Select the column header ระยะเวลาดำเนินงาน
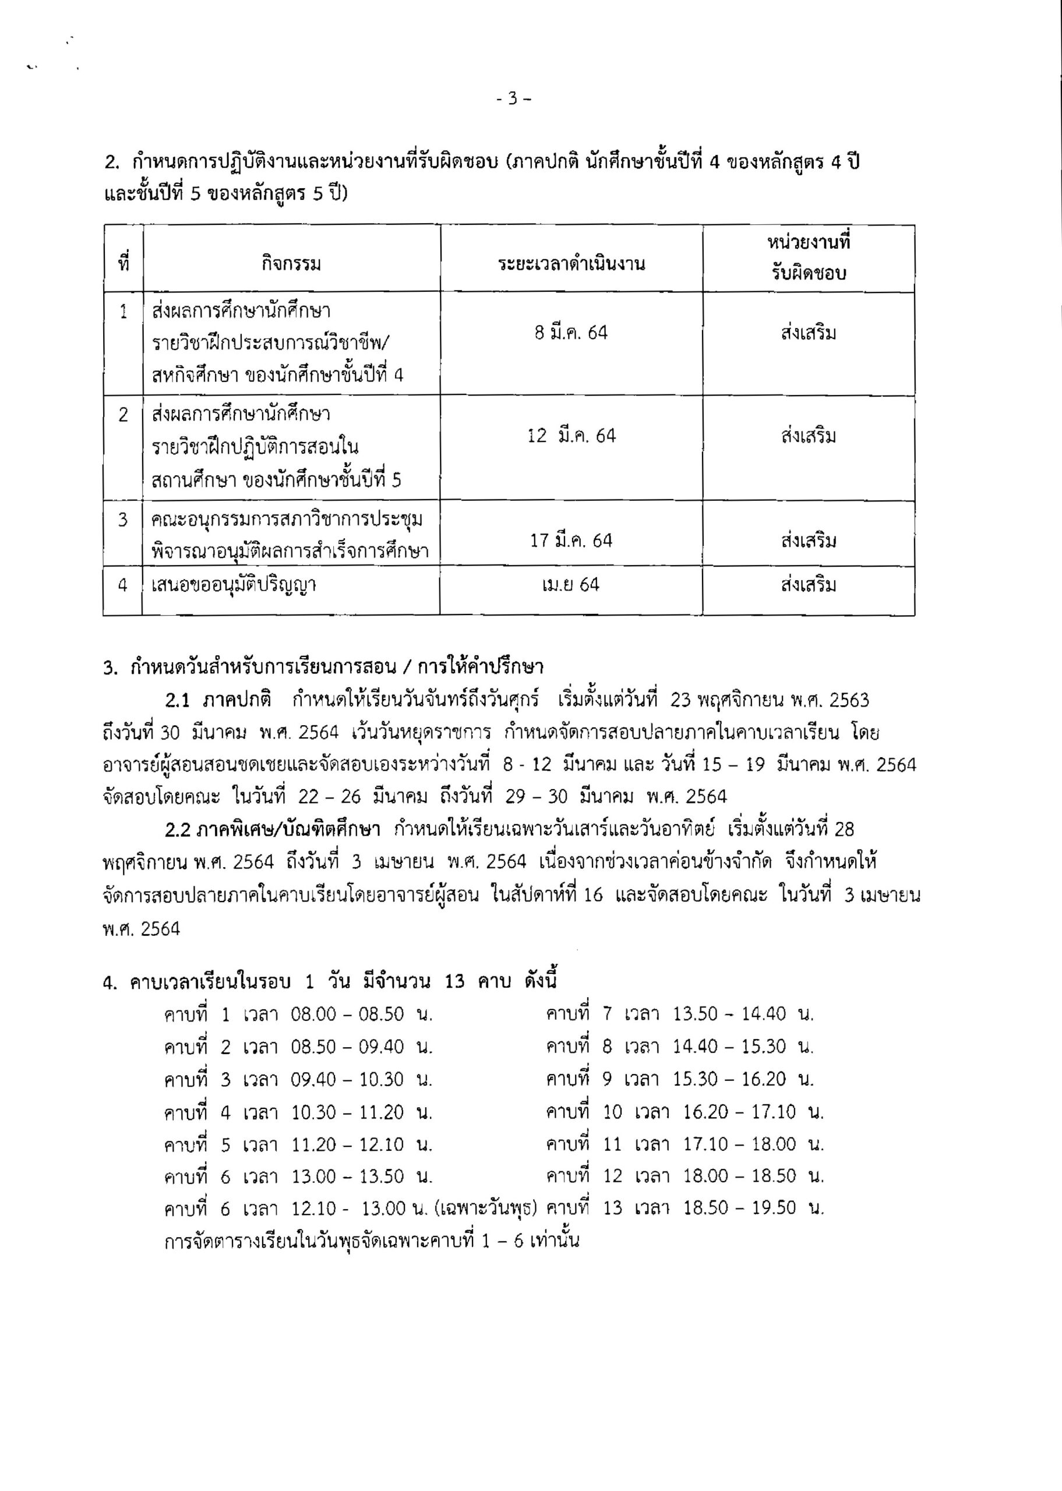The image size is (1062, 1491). pyautogui.click(x=571, y=265)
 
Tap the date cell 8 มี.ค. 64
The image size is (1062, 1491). pyautogui.click(x=571, y=333)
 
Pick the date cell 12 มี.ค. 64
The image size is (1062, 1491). pyautogui.click(x=571, y=436)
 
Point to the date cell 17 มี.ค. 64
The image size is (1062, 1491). pyautogui.click(x=571, y=540)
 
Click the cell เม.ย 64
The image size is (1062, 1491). pyautogui.click(x=571, y=584)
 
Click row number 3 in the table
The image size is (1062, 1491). pyautogui.click(x=123, y=520)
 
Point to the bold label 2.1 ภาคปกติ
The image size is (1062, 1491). pyautogui.click(x=218, y=701)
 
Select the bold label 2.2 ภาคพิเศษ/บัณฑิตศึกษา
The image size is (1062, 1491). pyautogui.click(x=273, y=830)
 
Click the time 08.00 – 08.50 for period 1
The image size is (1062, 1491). pyautogui.click(x=347, y=1015)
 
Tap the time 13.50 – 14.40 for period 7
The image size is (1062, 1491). pyautogui.click(x=729, y=1015)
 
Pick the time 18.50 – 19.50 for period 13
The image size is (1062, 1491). pyautogui.click(x=740, y=1208)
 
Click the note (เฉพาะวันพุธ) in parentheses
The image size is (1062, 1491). pyautogui.click(x=485, y=1209)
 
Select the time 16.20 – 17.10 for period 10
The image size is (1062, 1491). pyautogui.click(x=740, y=1112)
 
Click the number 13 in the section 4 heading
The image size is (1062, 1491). pyautogui.click(x=454, y=982)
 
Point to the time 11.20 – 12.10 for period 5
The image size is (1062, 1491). pyautogui.click(x=347, y=1144)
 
